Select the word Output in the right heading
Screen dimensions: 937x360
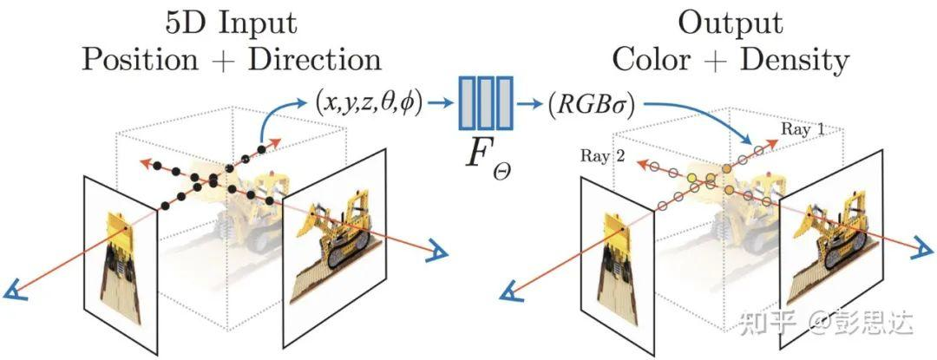731,23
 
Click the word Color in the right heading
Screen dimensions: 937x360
650,60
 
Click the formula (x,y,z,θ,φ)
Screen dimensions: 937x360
368,104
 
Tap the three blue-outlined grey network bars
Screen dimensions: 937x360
485,102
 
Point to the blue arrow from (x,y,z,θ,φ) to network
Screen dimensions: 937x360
441,104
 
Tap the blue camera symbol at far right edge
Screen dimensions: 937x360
924,250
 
